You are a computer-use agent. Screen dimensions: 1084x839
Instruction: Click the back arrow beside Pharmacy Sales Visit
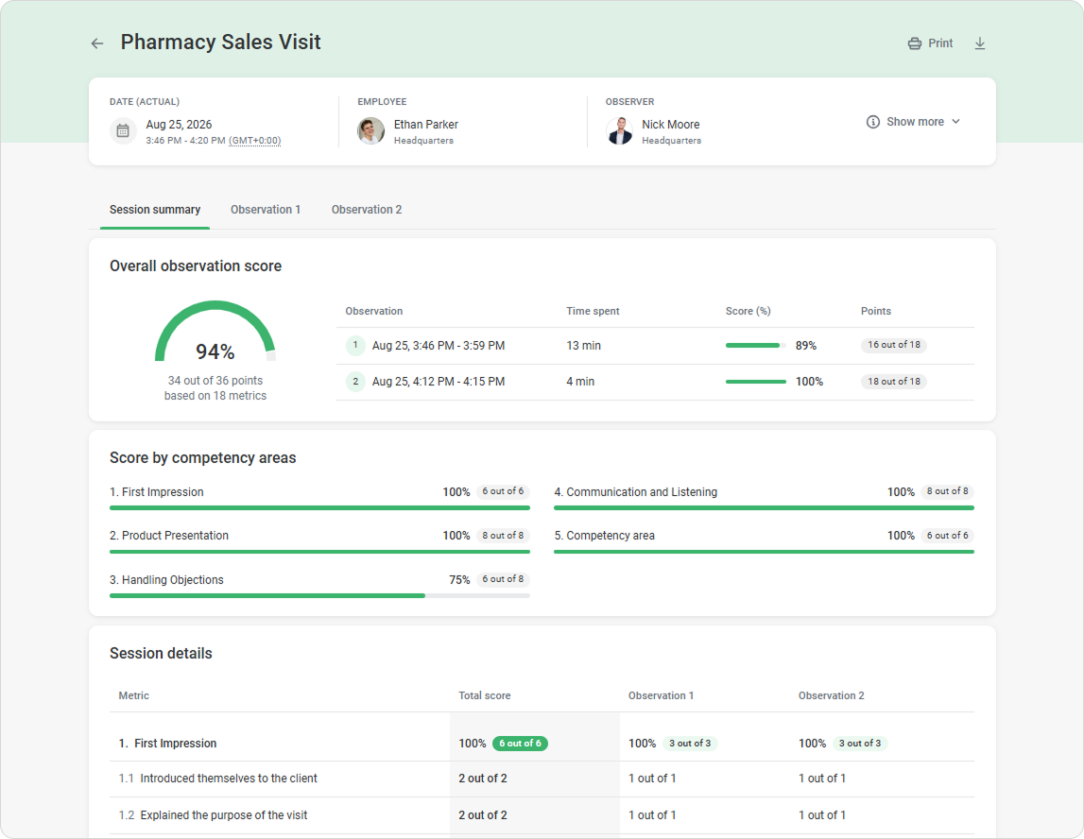(96, 43)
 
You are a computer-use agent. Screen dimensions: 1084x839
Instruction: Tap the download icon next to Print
(980, 43)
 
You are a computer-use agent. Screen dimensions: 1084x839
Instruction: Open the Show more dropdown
(913, 122)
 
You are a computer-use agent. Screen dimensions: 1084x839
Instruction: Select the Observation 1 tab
(266, 210)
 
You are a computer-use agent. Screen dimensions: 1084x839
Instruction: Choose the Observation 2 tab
(367, 210)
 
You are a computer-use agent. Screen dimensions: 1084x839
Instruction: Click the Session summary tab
(155, 210)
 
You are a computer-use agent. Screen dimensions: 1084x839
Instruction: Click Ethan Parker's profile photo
(370, 130)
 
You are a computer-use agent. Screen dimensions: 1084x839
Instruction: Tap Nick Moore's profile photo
(619, 130)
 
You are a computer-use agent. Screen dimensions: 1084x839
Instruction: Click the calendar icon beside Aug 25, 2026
(123, 130)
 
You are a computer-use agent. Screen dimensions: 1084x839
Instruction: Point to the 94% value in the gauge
(215, 351)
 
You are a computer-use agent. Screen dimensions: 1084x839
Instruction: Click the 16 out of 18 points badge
(894, 345)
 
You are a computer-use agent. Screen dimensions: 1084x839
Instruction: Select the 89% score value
(806, 346)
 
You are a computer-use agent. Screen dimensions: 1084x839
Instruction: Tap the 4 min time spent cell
(580, 382)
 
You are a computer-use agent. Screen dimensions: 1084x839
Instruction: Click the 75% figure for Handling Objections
(459, 580)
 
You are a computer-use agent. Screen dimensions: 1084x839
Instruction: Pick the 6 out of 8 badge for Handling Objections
(504, 579)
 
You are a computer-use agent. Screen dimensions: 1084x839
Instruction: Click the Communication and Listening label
(642, 492)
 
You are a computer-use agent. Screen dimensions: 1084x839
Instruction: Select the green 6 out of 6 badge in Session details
(520, 744)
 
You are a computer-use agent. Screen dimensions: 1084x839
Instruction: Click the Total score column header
(485, 696)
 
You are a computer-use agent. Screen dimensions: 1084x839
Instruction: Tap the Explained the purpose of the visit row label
(224, 815)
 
